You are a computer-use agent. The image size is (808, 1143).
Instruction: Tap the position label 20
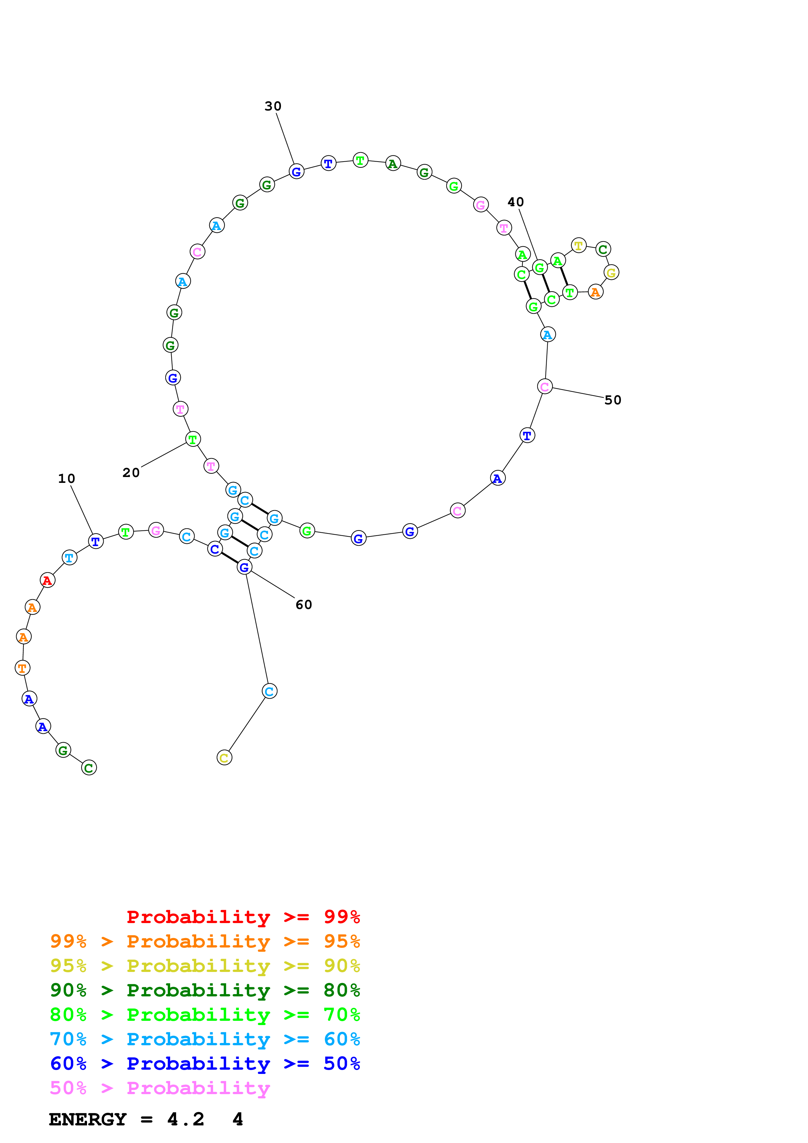131,472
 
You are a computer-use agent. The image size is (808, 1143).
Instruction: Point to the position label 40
515,202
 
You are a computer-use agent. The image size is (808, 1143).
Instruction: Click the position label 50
612,400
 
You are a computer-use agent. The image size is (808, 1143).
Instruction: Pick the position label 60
304,604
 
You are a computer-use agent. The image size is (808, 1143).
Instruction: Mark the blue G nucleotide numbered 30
296,172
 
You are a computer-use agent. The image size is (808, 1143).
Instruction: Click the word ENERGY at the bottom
88,1119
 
